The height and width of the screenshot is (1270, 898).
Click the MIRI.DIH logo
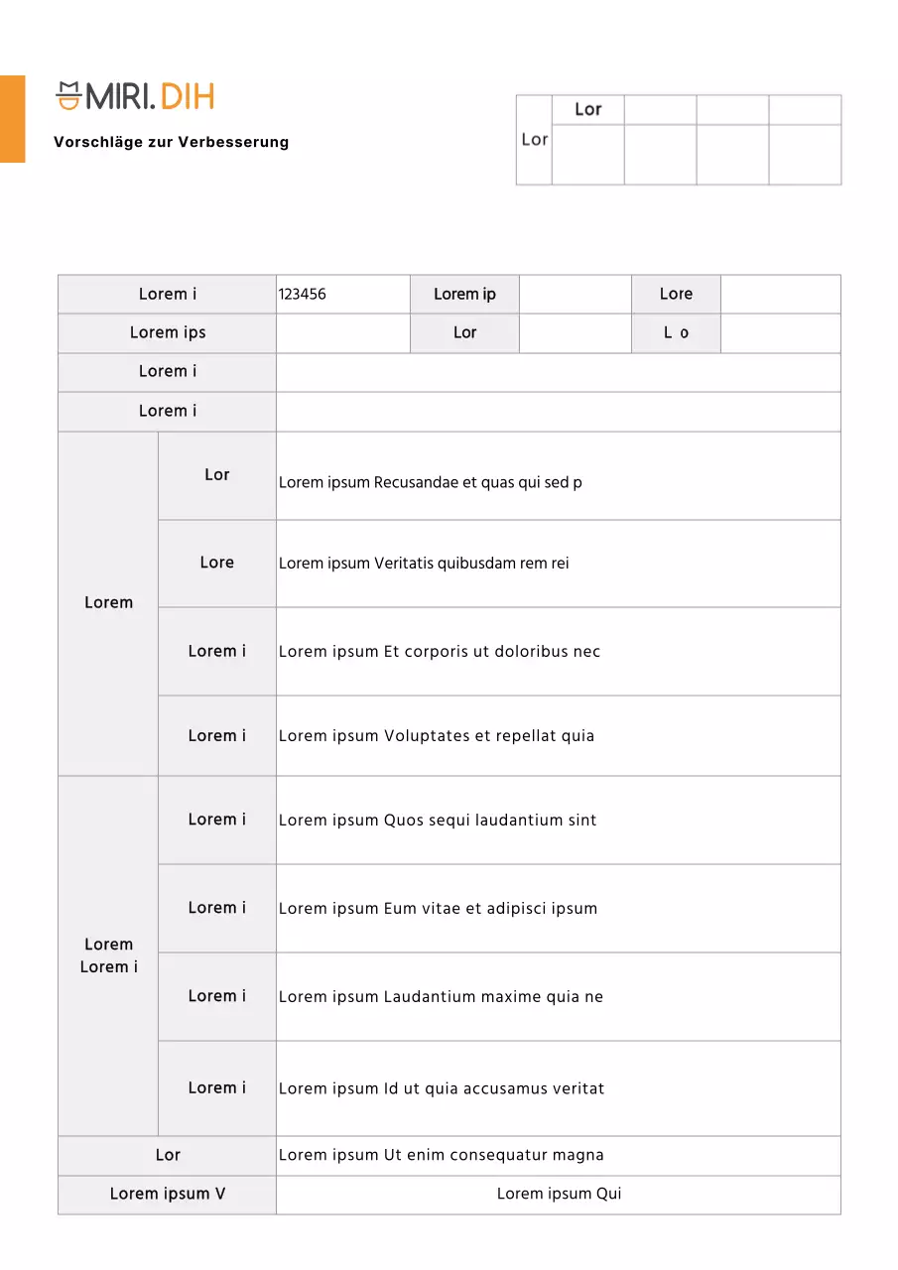pyautogui.click(x=135, y=96)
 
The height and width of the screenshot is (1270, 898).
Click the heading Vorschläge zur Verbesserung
pyautogui.click(x=172, y=142)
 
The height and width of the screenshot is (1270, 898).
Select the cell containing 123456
pyautogui.click(x=303, y=295)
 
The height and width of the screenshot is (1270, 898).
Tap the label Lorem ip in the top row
pyautogui.click(x=464, y=295)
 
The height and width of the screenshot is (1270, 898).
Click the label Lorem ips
pyautogui.click(x=168, y=333)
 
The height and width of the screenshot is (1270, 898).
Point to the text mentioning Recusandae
pyautogui.click(x=431, y=483)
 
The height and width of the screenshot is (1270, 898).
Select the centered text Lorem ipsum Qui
pyautogui.click(x=559, y=1194)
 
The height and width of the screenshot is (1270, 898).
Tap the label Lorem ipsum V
pyautogui.click(x=168, y=1194)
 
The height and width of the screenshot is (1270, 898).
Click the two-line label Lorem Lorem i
pyautogui.click(x=108, y=955)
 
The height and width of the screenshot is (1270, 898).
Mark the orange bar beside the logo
pyautogui.click(x=12, y=118)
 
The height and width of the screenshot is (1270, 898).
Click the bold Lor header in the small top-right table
pyautogui.click(x=588, y=110)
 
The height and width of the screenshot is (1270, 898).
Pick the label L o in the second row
pyautogui.click(x=676, y=333)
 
